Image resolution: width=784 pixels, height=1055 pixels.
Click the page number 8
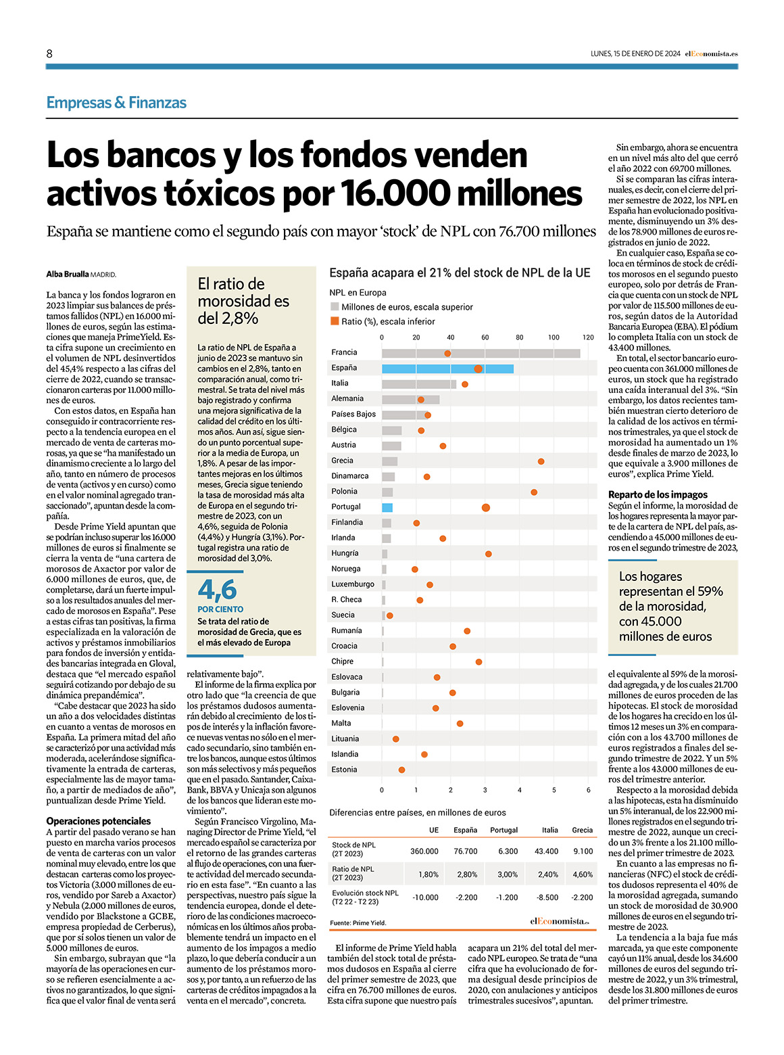coord(49,53)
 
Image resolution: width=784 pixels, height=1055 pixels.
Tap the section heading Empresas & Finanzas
coord(116,102)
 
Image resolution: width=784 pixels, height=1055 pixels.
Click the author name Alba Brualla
coord(68,274)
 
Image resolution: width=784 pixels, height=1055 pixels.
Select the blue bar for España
coord(447,369)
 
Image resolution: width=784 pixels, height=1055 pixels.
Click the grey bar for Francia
coord(481,354)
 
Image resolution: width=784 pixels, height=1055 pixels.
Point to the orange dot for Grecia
coord(541,461)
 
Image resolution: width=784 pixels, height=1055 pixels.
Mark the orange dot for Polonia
coord(534,492)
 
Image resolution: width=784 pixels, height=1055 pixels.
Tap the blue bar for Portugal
coord(387,507)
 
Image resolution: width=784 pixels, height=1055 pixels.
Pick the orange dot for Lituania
coord(395,738)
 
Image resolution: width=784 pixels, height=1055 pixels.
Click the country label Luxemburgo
coord(353,584)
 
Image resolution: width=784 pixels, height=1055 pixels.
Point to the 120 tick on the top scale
coord(588,337)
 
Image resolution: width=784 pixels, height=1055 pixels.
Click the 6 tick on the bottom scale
coord(588,790)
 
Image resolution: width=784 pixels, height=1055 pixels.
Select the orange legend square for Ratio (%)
coord(335,321)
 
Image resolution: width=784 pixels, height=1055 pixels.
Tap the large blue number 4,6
coord(217,590)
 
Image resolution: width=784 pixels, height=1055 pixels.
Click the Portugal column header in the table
coord(504,830)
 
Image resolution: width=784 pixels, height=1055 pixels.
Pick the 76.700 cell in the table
coord(466,851)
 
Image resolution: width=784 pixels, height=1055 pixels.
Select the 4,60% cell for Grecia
coord(583,874)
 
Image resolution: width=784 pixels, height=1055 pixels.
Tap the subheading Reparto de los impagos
coord(658,494)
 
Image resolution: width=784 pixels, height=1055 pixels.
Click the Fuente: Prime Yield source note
coord(358,922)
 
